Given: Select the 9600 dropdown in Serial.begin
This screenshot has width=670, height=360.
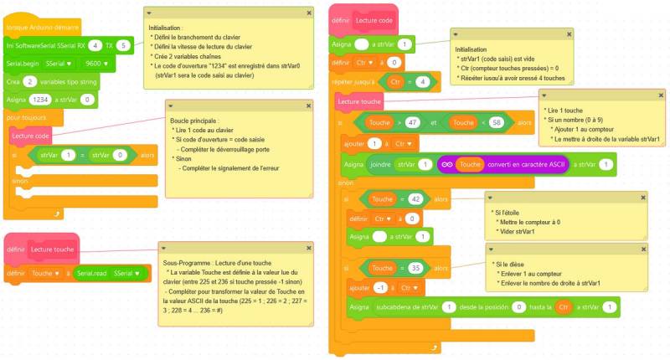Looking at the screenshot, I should tap(95, 63).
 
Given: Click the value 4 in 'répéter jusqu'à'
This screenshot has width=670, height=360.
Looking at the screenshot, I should tap(424, 81).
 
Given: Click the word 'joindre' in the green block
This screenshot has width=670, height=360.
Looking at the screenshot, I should tap(380, 164).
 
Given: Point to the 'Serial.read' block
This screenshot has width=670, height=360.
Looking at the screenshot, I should tap(91, 273).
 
